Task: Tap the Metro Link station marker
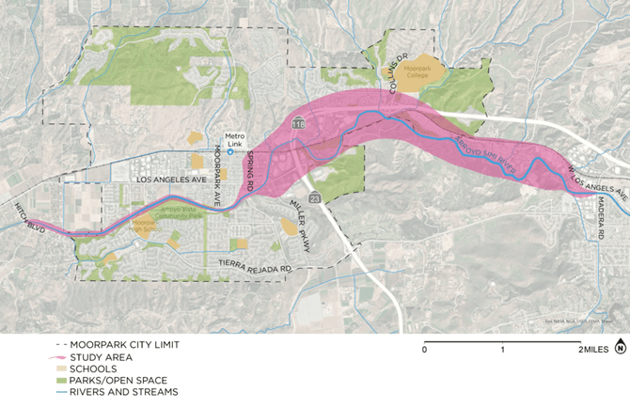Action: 230,151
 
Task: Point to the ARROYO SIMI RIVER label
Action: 486,153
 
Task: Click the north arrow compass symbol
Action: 620,349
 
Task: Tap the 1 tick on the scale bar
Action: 503,349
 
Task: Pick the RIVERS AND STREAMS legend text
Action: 122,391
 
